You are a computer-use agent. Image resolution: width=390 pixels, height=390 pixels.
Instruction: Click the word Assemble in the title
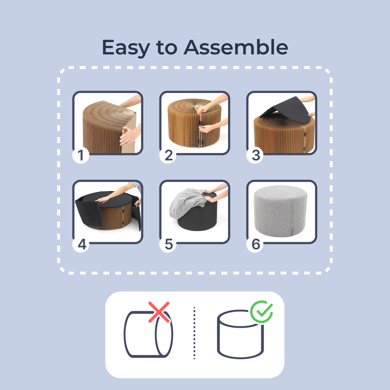pos(236,47)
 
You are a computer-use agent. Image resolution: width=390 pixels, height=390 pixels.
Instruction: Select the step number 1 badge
pos(81,155)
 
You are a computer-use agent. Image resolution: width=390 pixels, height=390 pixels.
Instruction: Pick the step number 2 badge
pos(168,155)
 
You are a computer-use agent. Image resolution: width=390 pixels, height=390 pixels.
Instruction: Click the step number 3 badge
pos(255,155)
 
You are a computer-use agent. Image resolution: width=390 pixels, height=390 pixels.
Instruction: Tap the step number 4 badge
pos(81,244)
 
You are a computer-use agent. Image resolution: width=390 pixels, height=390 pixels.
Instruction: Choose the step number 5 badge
pos(168,244)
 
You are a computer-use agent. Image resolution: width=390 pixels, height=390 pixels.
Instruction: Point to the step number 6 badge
pos(255,244)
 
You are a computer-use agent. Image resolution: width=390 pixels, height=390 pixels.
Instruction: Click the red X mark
pos(159,312)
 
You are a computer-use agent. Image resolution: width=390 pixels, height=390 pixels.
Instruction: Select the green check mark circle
pos(262,312)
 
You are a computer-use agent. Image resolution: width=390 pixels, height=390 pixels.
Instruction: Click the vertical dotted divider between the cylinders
pos(194,333)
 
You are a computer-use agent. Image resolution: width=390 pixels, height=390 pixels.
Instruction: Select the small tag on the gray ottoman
pos(292,232)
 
